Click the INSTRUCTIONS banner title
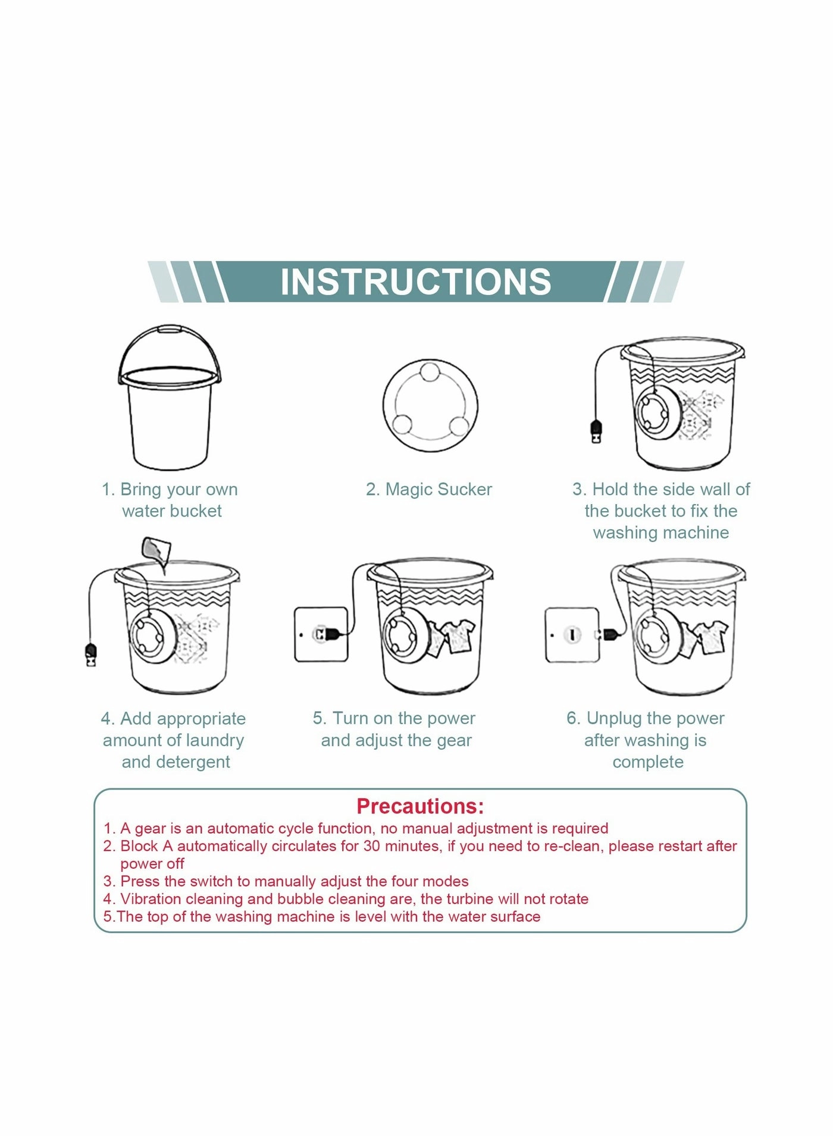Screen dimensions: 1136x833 point(416,281)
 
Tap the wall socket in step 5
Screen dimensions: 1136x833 point(321,634)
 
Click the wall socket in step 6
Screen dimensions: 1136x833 point(572,634)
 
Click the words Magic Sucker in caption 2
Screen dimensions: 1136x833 point(439,489)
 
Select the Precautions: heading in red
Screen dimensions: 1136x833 point(420,806)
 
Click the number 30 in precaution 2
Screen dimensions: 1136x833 point(372,846)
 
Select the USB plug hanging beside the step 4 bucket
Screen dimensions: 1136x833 point(91,655)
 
